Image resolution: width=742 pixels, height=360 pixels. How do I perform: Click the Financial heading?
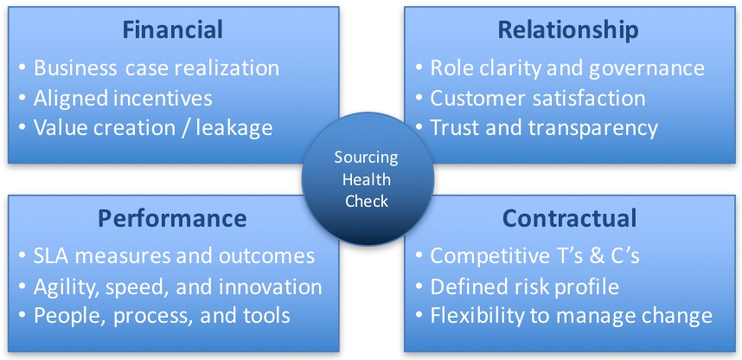pos(172,29)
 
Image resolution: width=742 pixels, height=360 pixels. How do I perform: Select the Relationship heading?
pos(568,30)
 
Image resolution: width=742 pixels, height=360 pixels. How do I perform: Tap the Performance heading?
pos(172,218)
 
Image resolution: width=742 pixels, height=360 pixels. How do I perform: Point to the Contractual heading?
pos(569,218)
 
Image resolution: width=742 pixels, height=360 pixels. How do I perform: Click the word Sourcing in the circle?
pos(367,158)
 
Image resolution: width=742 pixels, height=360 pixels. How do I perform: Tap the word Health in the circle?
pos(367,179)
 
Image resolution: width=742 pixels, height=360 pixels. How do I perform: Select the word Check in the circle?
pos(367,201)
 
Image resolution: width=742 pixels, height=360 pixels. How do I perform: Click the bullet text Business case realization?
pos(157,69)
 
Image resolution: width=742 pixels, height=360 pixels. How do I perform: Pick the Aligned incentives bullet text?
pos(123,99)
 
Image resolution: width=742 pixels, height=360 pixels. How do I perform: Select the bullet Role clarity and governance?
pos(567,69)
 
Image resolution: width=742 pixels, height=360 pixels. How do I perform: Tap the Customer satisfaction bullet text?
pos(538,99)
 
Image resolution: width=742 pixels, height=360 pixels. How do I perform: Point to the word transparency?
pos(593,129)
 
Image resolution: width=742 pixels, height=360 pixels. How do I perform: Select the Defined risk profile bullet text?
pos(524,287)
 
